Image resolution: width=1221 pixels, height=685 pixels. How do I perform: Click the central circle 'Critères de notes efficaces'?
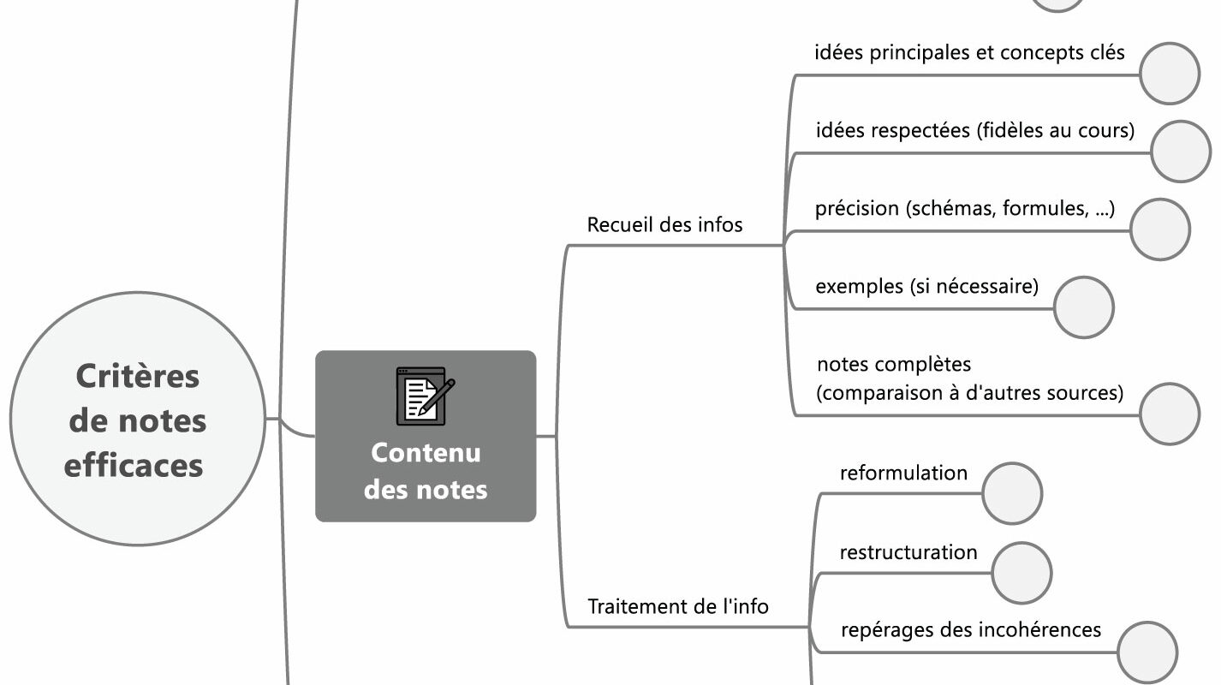[137, 420]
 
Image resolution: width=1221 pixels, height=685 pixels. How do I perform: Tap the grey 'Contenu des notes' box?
[426, 471]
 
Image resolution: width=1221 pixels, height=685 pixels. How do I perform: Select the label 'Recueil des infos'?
[664, 225]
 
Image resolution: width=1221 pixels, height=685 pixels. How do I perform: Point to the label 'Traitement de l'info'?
[677, 607]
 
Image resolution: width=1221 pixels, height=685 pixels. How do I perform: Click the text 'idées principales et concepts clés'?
[969, 53]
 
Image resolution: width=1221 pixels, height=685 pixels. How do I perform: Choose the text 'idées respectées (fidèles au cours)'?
[975, 131]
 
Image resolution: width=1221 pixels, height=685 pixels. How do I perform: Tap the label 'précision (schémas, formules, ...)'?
[965, 209]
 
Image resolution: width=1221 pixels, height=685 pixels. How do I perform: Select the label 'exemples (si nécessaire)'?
[926, 286]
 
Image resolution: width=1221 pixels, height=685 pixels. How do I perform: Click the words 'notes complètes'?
[894, 365]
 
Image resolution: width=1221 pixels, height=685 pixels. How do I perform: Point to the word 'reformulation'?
[903, 474]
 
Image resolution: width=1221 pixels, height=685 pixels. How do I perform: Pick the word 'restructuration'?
[908, 552]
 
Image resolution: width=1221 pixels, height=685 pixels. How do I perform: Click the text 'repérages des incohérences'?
[971, 630]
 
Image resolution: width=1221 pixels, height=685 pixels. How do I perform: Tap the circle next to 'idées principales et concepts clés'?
[1170, 74]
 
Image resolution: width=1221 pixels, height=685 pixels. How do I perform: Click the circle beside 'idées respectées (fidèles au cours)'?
[1181, 152]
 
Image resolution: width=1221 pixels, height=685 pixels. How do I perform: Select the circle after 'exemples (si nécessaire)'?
[1083, 307]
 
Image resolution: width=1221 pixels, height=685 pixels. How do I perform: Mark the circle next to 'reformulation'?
[1011, 493]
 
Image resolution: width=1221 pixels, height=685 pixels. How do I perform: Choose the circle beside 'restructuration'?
[1021, 572]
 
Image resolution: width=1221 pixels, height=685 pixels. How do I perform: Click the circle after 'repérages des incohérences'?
[1147, 652]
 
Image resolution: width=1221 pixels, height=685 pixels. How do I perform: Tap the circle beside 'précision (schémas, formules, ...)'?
[1159, 229]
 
